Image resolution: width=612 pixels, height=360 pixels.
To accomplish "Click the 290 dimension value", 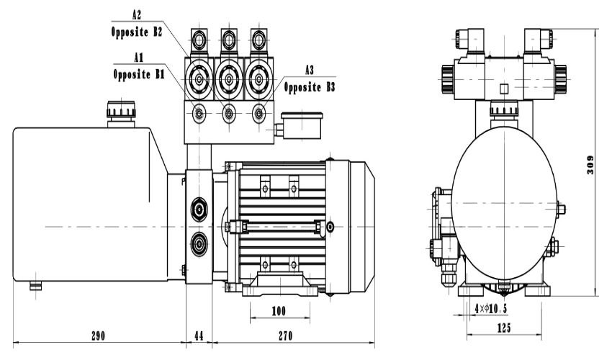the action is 98,336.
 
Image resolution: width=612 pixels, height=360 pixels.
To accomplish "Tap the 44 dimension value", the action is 199,336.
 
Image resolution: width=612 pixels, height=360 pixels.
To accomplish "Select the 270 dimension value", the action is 285,336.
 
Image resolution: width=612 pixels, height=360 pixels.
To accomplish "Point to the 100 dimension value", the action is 279,311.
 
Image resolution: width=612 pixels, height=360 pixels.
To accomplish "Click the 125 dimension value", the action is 504,328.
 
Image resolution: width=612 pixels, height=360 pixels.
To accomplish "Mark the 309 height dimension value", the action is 590,165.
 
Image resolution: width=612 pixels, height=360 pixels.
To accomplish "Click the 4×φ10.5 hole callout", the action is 490,308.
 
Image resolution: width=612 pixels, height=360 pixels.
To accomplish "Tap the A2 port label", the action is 137,15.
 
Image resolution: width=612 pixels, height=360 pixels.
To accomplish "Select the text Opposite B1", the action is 139,73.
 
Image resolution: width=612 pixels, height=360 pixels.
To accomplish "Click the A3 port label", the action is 309,71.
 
